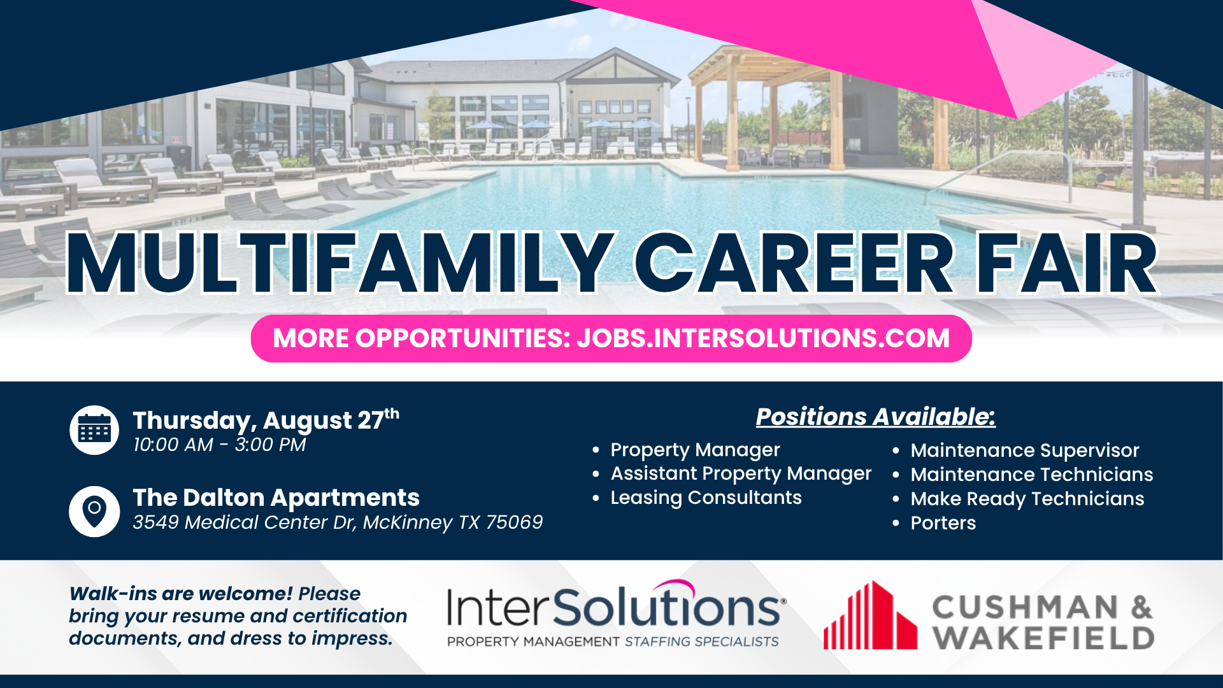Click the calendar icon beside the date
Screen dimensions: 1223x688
click(x=94, y=430)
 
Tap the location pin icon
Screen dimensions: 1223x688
click(x=94, y=512)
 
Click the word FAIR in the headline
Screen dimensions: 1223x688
click(x=1067, y=263)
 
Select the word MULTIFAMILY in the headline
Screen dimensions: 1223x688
click(x=340, y=263)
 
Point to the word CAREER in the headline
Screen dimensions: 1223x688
click(x=794, y=263)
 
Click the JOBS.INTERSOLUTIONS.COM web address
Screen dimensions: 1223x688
click(x=763, y=338)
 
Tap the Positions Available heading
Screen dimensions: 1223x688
click(x=876, y=417)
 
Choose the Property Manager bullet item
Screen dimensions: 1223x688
click(x=695, y=450)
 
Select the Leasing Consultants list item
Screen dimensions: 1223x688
click(x=706, y=498)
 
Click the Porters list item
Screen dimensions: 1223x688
click(x=943, y=523)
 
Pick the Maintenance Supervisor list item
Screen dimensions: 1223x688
click(x=1024, y=450)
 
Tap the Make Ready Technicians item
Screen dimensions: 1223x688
click(x=1027, y=499)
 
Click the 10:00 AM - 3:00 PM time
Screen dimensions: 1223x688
click(x=219, y=445)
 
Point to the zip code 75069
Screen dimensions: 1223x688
click(x=514, y=522)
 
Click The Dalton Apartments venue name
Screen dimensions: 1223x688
click(x=276, y=498)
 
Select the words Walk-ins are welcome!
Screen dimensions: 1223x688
click(x=181, y=594)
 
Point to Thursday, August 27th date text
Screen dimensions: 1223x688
click(x=266, y=420)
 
